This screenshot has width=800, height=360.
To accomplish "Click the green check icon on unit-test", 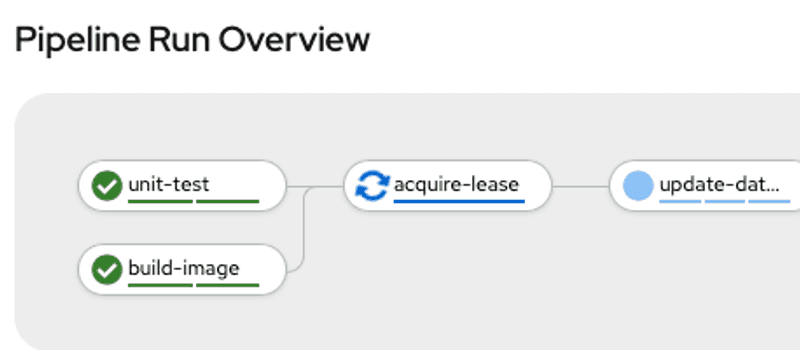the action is tap(105, 185).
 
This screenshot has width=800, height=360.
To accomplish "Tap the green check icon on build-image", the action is tap(105, 269).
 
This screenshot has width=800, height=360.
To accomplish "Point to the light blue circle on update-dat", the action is tap(637, 185).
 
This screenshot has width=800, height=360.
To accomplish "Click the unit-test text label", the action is tap(169, 184).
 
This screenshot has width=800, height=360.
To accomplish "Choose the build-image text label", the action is tap(184, 268).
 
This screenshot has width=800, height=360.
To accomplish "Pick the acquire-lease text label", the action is tap(457, 184).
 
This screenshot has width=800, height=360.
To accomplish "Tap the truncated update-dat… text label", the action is tap(719, 184).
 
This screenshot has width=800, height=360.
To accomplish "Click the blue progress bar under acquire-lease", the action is tap(459, 201).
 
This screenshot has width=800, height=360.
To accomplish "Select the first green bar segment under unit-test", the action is tap(160, 201).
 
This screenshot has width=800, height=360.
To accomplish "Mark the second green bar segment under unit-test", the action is tap(228, 201).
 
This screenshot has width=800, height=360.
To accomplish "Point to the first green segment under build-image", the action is tap(160, 285).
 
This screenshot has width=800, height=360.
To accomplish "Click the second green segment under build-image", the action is tap(228, 285).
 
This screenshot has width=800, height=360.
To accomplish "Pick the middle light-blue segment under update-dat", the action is tap(725, 201).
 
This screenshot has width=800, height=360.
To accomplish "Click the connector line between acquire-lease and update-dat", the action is tap(580, 186).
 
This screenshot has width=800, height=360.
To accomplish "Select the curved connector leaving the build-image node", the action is tap(300, 250).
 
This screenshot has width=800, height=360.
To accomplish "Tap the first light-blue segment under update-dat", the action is tap(680, 201).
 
